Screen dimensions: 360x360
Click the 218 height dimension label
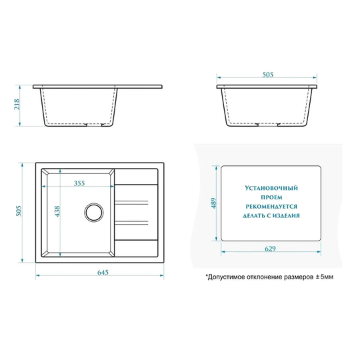17,105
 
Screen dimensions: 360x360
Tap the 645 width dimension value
103,272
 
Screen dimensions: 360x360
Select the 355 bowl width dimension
79,183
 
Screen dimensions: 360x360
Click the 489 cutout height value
214,203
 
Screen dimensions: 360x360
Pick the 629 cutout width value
270,249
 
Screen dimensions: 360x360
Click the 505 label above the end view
268,75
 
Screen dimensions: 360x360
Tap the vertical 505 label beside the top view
19,211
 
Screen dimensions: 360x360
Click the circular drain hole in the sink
94,213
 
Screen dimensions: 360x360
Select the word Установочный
271,188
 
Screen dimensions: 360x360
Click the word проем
271,197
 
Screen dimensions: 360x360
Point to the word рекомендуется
271,207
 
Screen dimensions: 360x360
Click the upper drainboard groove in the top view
131,202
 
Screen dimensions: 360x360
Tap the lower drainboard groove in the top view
131,223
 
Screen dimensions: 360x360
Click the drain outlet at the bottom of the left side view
95,125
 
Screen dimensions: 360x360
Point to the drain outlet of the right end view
268,125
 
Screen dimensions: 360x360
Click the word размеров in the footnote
299,277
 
